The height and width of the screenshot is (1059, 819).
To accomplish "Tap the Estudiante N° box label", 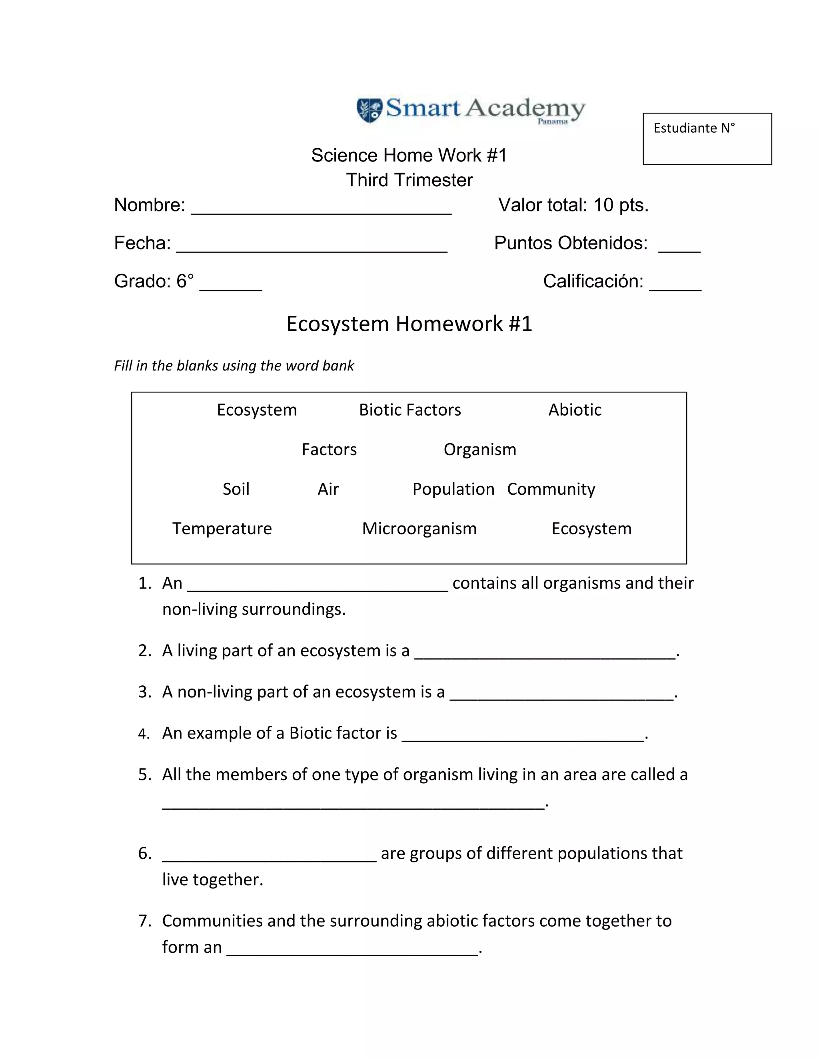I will coord(694,128).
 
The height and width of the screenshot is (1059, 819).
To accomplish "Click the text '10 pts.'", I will coord(621,205).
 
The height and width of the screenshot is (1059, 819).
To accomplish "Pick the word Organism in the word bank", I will coord(480,450).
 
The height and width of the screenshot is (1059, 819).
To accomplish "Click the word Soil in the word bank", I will coord(236,489).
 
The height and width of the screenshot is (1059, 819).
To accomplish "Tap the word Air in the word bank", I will coord(328,489).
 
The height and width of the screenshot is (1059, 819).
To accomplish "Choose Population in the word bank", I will coord(453,489).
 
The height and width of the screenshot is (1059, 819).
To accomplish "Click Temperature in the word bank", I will coord(222,529).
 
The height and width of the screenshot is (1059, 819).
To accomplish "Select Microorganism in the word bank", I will coord(419,529).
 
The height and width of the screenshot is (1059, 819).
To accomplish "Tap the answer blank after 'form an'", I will coord(353,950).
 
